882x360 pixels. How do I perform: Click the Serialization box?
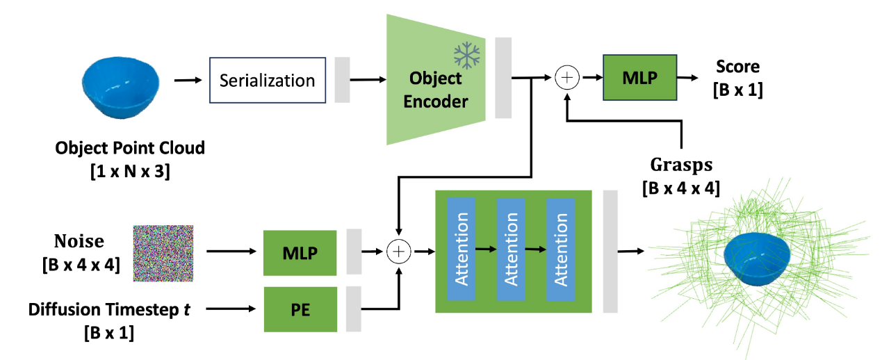(x=268, y=81)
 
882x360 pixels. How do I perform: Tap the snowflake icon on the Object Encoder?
(x=466, y=55)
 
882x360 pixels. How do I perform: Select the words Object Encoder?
(x=436, y=90)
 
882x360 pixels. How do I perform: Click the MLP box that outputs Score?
(x=640, y=78)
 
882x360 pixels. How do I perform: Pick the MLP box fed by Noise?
(x=300, y=253)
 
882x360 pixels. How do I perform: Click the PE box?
(x=300, y=309)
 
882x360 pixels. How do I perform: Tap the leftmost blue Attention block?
(x=461, y=249)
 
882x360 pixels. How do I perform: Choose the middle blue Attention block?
(x=511, y=249)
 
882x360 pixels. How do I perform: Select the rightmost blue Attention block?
(x=560, y=249)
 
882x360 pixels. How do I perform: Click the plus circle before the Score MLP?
(x=567, y=78)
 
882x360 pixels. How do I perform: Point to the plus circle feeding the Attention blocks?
(x=399, y=252)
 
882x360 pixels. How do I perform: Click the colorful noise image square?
(x=163, y=253)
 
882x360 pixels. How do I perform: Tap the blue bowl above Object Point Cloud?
(x=120, y=87)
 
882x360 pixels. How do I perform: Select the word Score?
(x=738, y=66)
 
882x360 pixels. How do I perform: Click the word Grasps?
(x=681, y=165)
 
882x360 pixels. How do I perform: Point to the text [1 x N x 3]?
(x=131, y=172)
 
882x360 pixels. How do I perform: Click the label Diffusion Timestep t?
(x=109, y=309)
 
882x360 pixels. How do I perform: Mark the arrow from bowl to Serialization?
(x=188, y=81)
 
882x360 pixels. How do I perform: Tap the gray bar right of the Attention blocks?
(x=610, y=252)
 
